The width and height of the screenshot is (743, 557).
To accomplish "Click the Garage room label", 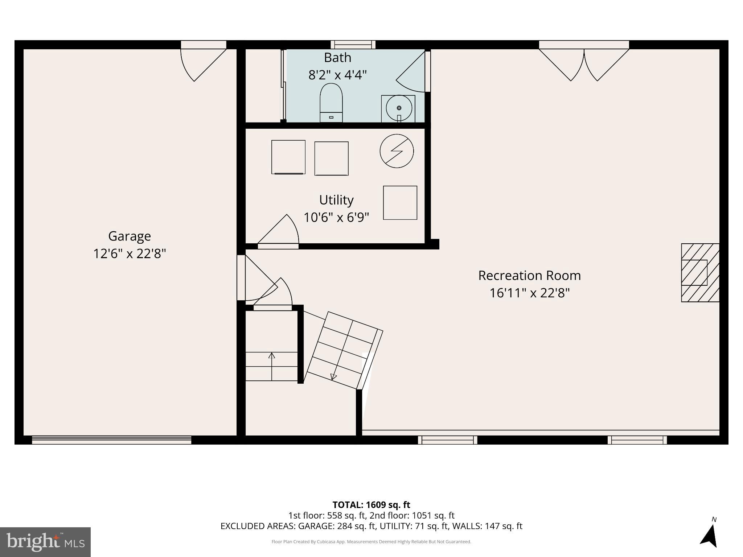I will [x=129, y=236].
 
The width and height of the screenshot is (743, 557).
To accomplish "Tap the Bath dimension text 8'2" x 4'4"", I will [x=337, y=75].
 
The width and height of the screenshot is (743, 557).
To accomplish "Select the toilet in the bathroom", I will [x=331, y=103].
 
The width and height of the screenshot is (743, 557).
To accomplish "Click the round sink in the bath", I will [x=399, y=108].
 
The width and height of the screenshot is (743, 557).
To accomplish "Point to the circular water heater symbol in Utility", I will [x=397, y=151].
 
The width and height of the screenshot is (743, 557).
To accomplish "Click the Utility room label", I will [x=336, y=200].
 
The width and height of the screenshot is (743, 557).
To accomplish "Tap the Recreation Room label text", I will [x=529, y=276].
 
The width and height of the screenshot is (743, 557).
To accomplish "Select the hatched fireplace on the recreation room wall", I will [x=700, y=273].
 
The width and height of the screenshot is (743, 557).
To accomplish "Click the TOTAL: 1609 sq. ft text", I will [x=371, y=505].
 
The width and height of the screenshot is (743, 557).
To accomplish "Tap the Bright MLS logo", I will [x=45, y=542].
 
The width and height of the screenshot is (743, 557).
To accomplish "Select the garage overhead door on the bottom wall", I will [x=111, y=440].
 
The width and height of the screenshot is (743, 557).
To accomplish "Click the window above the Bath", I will [x=353, y=45].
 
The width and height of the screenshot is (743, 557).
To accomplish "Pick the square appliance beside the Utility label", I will [x=400, y=203].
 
